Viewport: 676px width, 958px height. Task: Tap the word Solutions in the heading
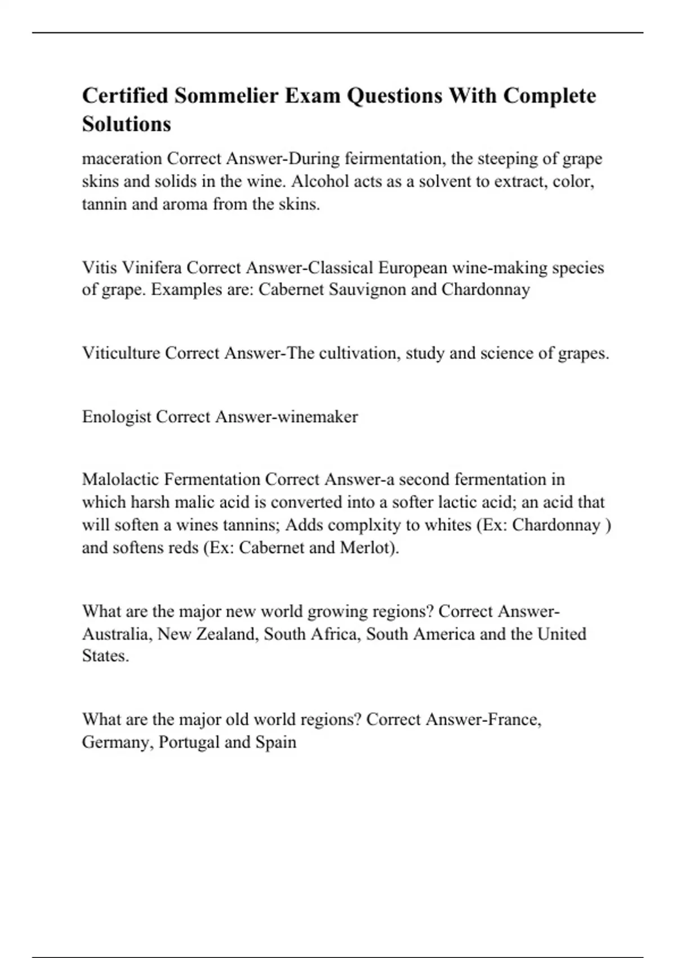pos(126,124)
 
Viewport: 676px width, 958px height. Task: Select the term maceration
pos(122,159)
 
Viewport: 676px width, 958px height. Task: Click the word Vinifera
pos(153,268)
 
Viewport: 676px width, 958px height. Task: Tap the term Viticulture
pos(121,353)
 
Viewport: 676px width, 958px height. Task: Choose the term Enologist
pos(117,417)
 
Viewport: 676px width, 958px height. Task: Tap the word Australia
pos(116,635)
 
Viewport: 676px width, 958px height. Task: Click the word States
pos(105,657)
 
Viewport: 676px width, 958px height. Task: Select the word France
pos(514,720)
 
